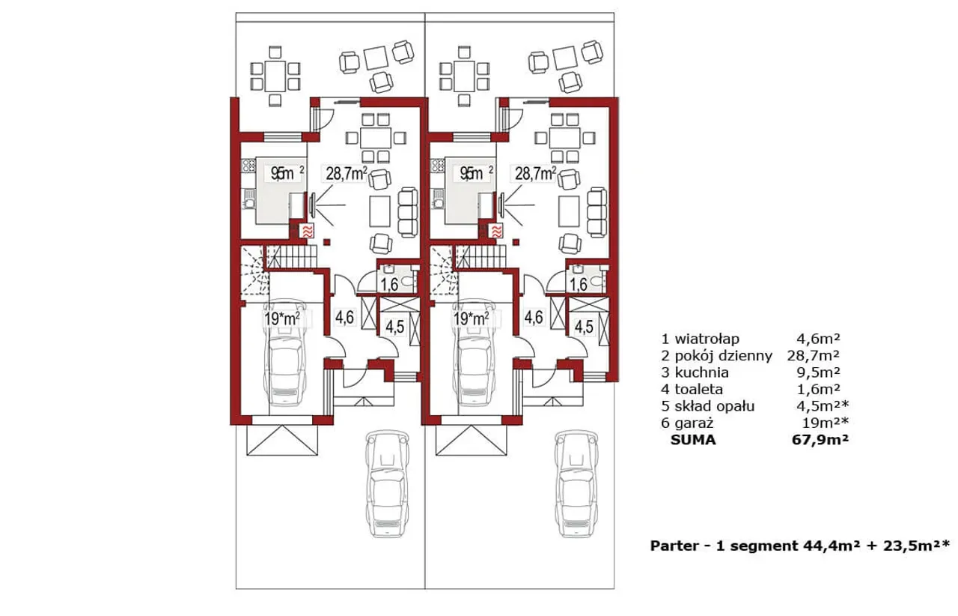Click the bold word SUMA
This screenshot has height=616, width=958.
[695, 441]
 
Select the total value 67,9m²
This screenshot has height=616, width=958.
[820, 441]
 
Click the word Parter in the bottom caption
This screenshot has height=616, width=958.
[670, 546]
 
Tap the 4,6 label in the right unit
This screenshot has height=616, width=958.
[533, 318]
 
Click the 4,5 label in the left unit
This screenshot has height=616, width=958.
[394, 327]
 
